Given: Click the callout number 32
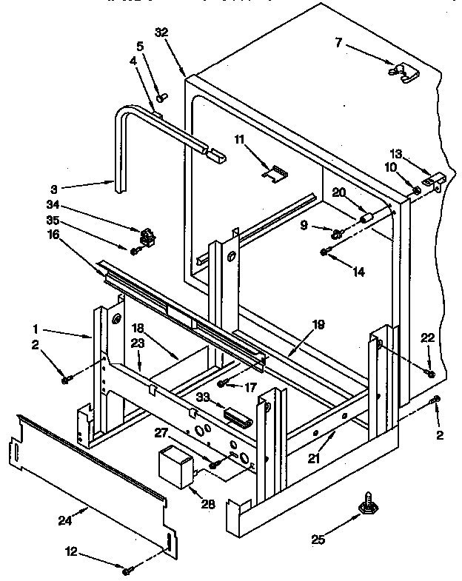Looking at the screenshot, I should coord(163,32).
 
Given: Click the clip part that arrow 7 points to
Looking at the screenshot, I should coord(401,72).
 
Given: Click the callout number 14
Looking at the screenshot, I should coord(358,272).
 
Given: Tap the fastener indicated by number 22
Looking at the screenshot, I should coord(431,370).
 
